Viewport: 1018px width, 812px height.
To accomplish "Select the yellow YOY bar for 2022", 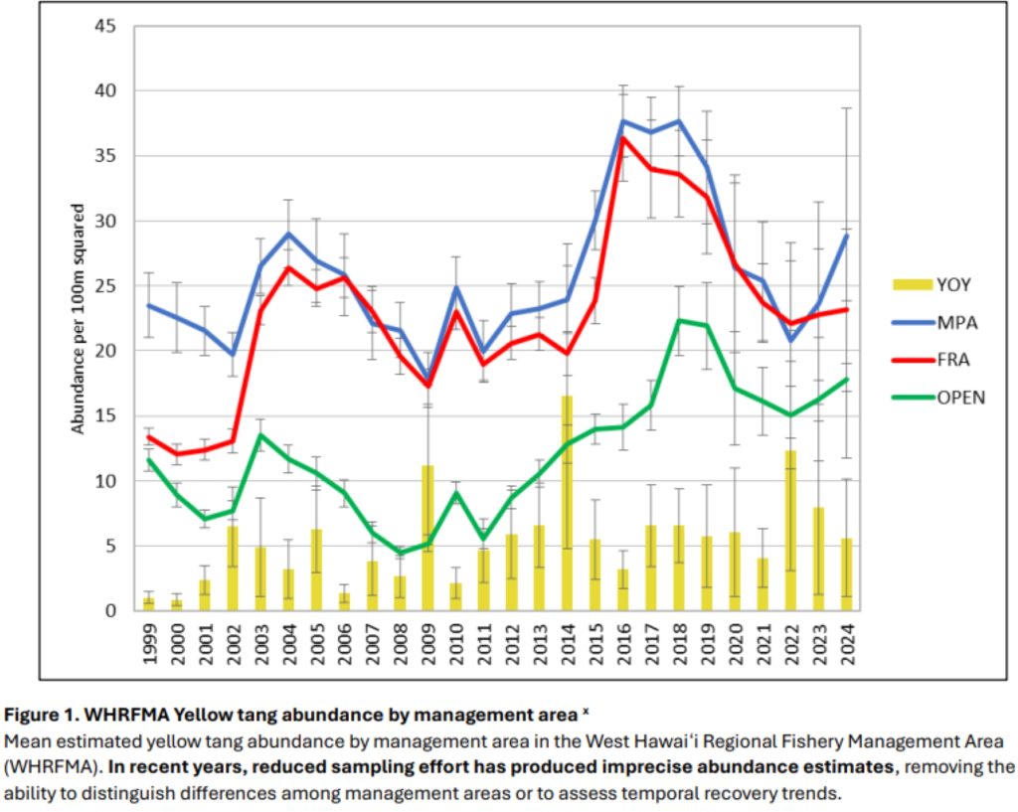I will (790, 531).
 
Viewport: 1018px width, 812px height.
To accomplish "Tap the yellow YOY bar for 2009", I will (427, 538).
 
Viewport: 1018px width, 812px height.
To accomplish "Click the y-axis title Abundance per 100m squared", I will (79, 319).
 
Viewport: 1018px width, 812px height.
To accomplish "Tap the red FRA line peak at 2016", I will (623, 138).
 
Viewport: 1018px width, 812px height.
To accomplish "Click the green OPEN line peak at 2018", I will (679, 320).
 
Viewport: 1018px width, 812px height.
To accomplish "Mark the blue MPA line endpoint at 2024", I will (846, 236).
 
